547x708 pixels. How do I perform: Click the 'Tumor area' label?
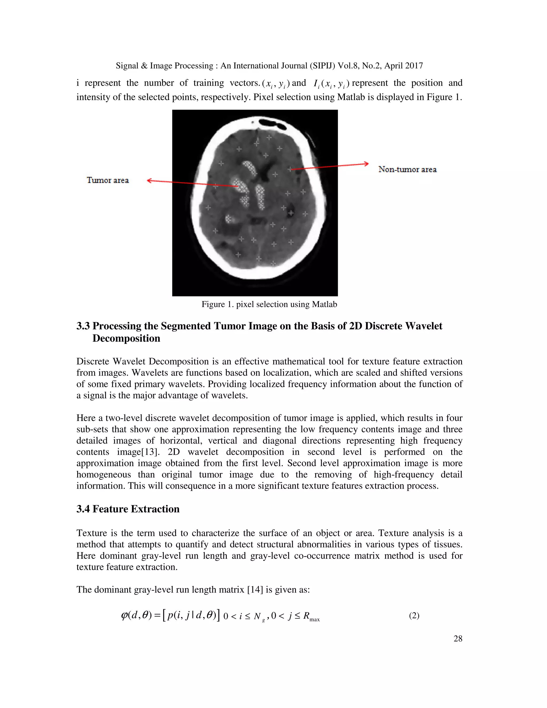(108, 180)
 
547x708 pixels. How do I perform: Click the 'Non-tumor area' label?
(407, 169)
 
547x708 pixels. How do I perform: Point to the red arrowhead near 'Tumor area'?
(149, 181)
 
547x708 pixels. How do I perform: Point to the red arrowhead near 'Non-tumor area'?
(366, 164)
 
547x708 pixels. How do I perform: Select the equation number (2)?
(414, 615)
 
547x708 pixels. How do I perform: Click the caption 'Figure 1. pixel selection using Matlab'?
(269, 304)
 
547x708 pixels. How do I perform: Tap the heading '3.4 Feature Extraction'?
(128, 509)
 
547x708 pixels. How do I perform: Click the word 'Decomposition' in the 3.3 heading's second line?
(126, 339)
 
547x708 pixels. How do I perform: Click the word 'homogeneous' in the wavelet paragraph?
(103, 474)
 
